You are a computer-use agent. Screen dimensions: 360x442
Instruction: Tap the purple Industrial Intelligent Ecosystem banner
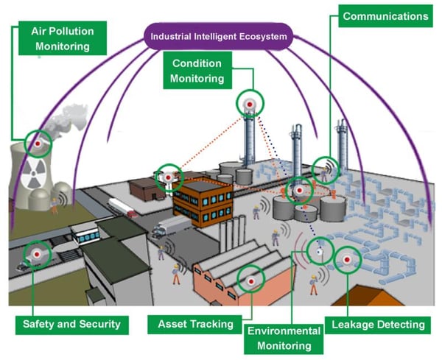pyautogui.click(x=218, y=35)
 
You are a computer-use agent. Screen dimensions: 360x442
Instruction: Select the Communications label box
pyautogui.click(x=385, y=15)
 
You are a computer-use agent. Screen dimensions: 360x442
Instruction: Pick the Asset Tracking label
pyautogui.click(x=195, y=324)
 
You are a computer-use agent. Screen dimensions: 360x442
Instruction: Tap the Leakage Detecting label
pyautogui.click(x=379, y=324)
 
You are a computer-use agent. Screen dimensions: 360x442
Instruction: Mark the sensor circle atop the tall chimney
pyautogui.click(x=249, y=105)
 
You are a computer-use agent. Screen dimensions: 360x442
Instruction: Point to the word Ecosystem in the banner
pyautogui.click(x=262, y=35)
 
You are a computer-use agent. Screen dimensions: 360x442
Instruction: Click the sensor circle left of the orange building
pyautogui.click(x=169, y=177)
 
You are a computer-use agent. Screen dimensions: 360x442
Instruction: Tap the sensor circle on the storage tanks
pyautogui.click(x=298, y=191)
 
